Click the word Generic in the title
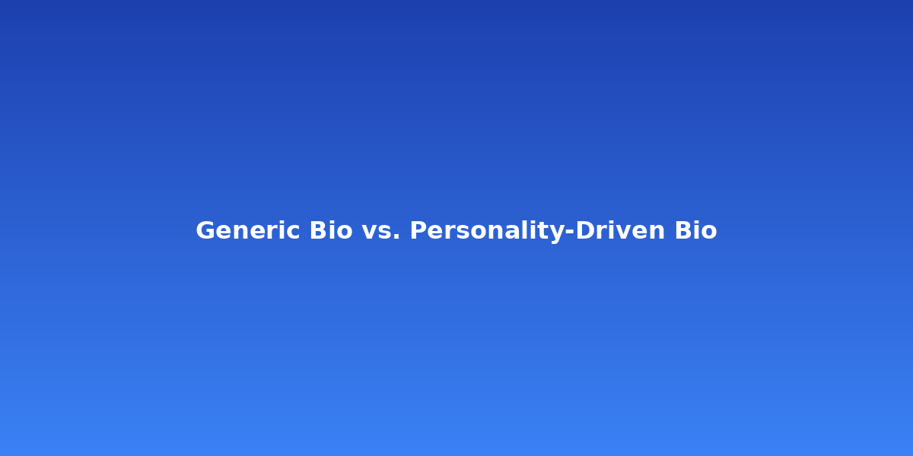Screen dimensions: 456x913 [248, 230]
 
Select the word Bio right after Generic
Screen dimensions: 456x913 [330, 230]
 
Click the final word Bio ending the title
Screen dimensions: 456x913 [695, 230]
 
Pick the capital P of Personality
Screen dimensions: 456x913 [418, 230]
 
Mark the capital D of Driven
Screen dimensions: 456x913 [586, 230]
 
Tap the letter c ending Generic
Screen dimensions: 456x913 [295, 233]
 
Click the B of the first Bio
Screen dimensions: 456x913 [317, 230]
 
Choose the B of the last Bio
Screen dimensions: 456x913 [682, 230]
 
